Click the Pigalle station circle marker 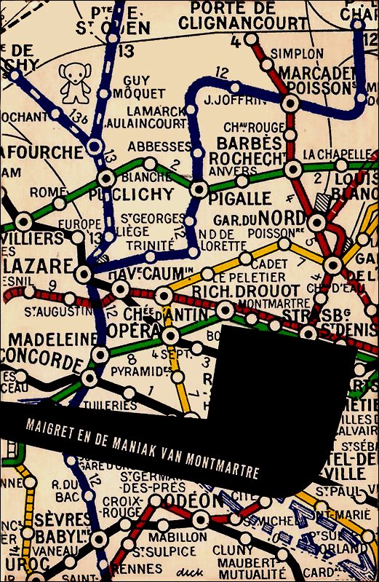coord(199,189)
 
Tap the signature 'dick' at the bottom coord(193,570)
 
